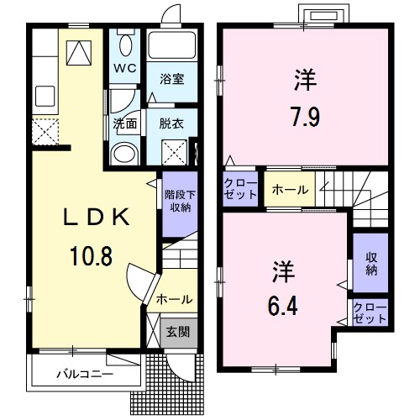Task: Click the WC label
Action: pos(125,68)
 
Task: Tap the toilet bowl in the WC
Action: pos(125,45)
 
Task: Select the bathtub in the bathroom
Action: pos(172,45)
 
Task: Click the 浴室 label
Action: pos(172,79)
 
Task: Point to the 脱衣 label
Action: pos(171,123)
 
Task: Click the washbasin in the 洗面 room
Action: pos(125,153)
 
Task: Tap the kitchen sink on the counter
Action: pos(45,96)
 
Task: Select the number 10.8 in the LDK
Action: pos(91,256)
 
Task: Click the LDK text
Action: pos(97,218)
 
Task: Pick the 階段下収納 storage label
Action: pos(180,202)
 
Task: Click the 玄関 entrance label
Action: pos(178,333)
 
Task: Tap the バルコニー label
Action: pos(85,374)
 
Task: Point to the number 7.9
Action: pos(306,117)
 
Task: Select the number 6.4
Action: pos(283,306)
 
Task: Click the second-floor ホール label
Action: pos(290,190)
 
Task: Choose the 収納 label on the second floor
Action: pos(370,264)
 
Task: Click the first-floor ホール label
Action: pos(175,300)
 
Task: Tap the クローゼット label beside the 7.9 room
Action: pos(240,189)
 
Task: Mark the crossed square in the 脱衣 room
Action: pos(174,152)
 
